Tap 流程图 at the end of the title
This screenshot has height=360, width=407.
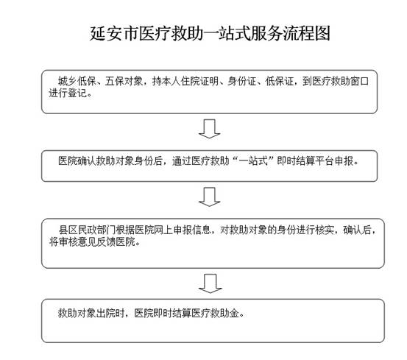coord(307,33)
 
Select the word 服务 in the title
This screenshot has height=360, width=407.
coord(266,33)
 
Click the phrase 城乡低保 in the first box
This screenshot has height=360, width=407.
coord(77,81)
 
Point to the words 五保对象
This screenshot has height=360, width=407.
coord(124,81)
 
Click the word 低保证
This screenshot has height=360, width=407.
coord(280,81)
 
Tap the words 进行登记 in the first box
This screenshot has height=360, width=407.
coord(68,93)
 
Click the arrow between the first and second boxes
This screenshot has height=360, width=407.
coord(210,129)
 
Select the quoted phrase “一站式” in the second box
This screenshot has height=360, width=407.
coord(253,161)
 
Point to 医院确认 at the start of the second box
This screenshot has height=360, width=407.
coord(77,161)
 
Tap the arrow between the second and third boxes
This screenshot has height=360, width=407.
coord(210,197)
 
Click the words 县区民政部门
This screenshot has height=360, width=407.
coord(87,230)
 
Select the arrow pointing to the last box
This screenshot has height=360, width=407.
coord(210,283)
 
